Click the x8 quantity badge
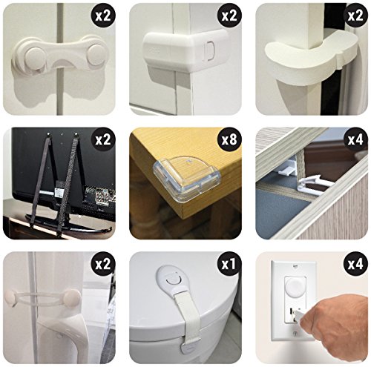pos(229,140)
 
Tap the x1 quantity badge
pos(229,264)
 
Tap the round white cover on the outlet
pos(296,288)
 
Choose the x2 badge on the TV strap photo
pos(103,140)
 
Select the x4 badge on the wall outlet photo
pos(355,264)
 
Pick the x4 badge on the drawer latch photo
pos(355,140)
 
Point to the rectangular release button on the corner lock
pos(208,51)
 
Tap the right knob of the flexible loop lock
pos(72,297)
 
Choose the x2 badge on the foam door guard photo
pos(355,16)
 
